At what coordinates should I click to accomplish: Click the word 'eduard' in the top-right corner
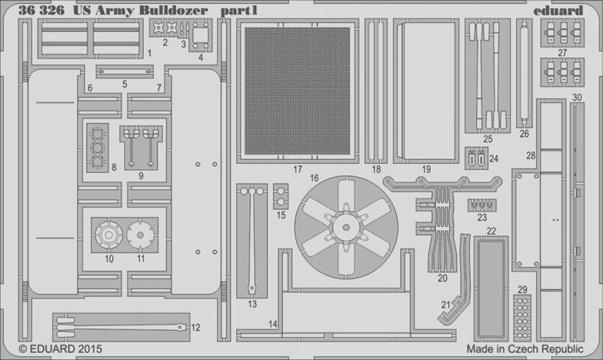(x=558, y=11)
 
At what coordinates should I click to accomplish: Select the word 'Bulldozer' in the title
(x=174, y=10)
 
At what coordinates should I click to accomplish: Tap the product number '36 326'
(x=42, y=10)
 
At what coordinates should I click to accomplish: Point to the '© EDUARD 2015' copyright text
(x=60, y=349)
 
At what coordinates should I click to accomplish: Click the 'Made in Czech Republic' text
(x=525, y=349)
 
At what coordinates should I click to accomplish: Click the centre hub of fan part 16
(x=346, y=228)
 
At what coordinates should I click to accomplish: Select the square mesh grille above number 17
(x=297, y=91)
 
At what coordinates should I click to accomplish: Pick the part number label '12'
(x=195, y=328)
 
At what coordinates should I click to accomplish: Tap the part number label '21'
(x=446, y=305)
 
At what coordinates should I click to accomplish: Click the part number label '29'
(x=522, y=289)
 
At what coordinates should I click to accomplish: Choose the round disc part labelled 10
(x=109, y=235)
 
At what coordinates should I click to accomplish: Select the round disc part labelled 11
(x=140, y=235)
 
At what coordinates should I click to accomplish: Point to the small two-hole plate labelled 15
(x=281, y=196)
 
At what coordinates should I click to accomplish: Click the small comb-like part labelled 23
(x=481, y=205)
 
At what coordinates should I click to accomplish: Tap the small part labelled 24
(x=477, y=158)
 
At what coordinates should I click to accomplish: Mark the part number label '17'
(x=298, y=169)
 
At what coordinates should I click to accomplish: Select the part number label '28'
(x=531, y=155)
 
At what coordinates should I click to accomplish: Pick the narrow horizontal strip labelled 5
(x=125, y=72)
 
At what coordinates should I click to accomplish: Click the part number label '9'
(x=142, y=175)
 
